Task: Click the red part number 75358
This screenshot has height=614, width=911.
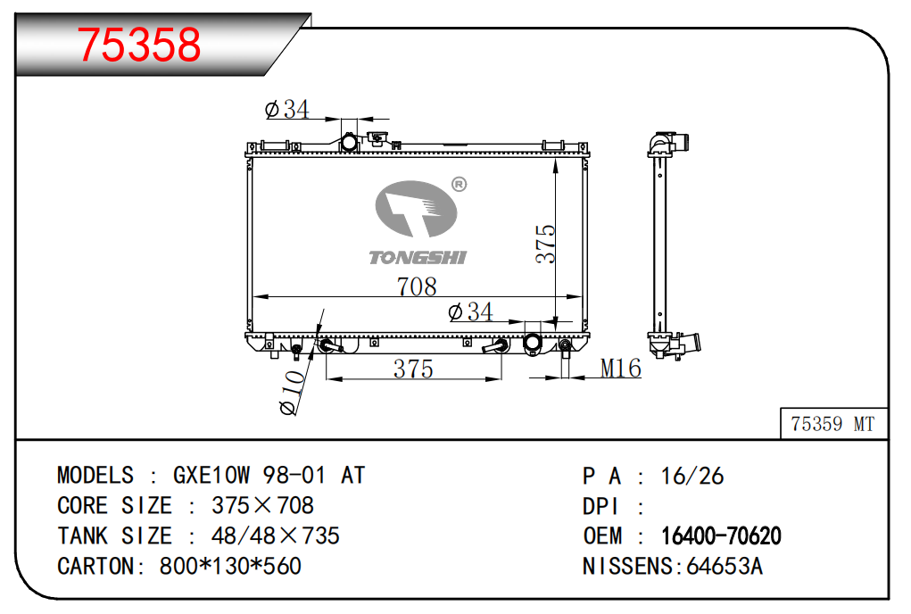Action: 139,44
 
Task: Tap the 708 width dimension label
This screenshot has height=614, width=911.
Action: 417,286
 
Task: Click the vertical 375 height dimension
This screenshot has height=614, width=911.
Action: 545,244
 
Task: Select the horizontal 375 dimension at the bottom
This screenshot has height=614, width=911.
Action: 413,369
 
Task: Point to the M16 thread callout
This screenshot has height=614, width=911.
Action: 620,369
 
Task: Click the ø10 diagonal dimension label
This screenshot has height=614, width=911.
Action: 293,393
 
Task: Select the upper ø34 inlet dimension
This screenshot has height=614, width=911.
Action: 287,109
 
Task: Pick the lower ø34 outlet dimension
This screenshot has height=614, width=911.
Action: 470,312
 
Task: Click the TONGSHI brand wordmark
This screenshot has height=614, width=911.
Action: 418,257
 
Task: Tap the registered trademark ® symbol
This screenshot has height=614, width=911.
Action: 459,184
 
